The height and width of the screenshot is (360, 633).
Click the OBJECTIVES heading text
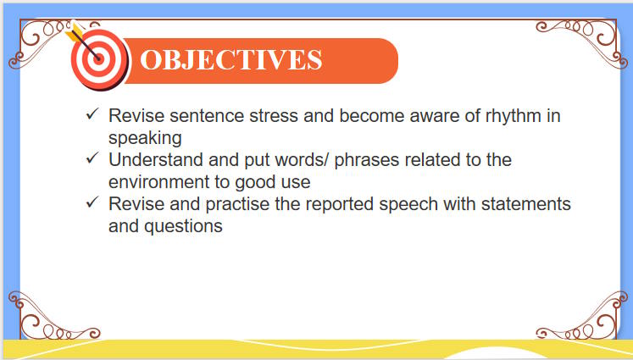(x=230, y=60)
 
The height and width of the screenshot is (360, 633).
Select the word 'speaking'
(x=146, y=137)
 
